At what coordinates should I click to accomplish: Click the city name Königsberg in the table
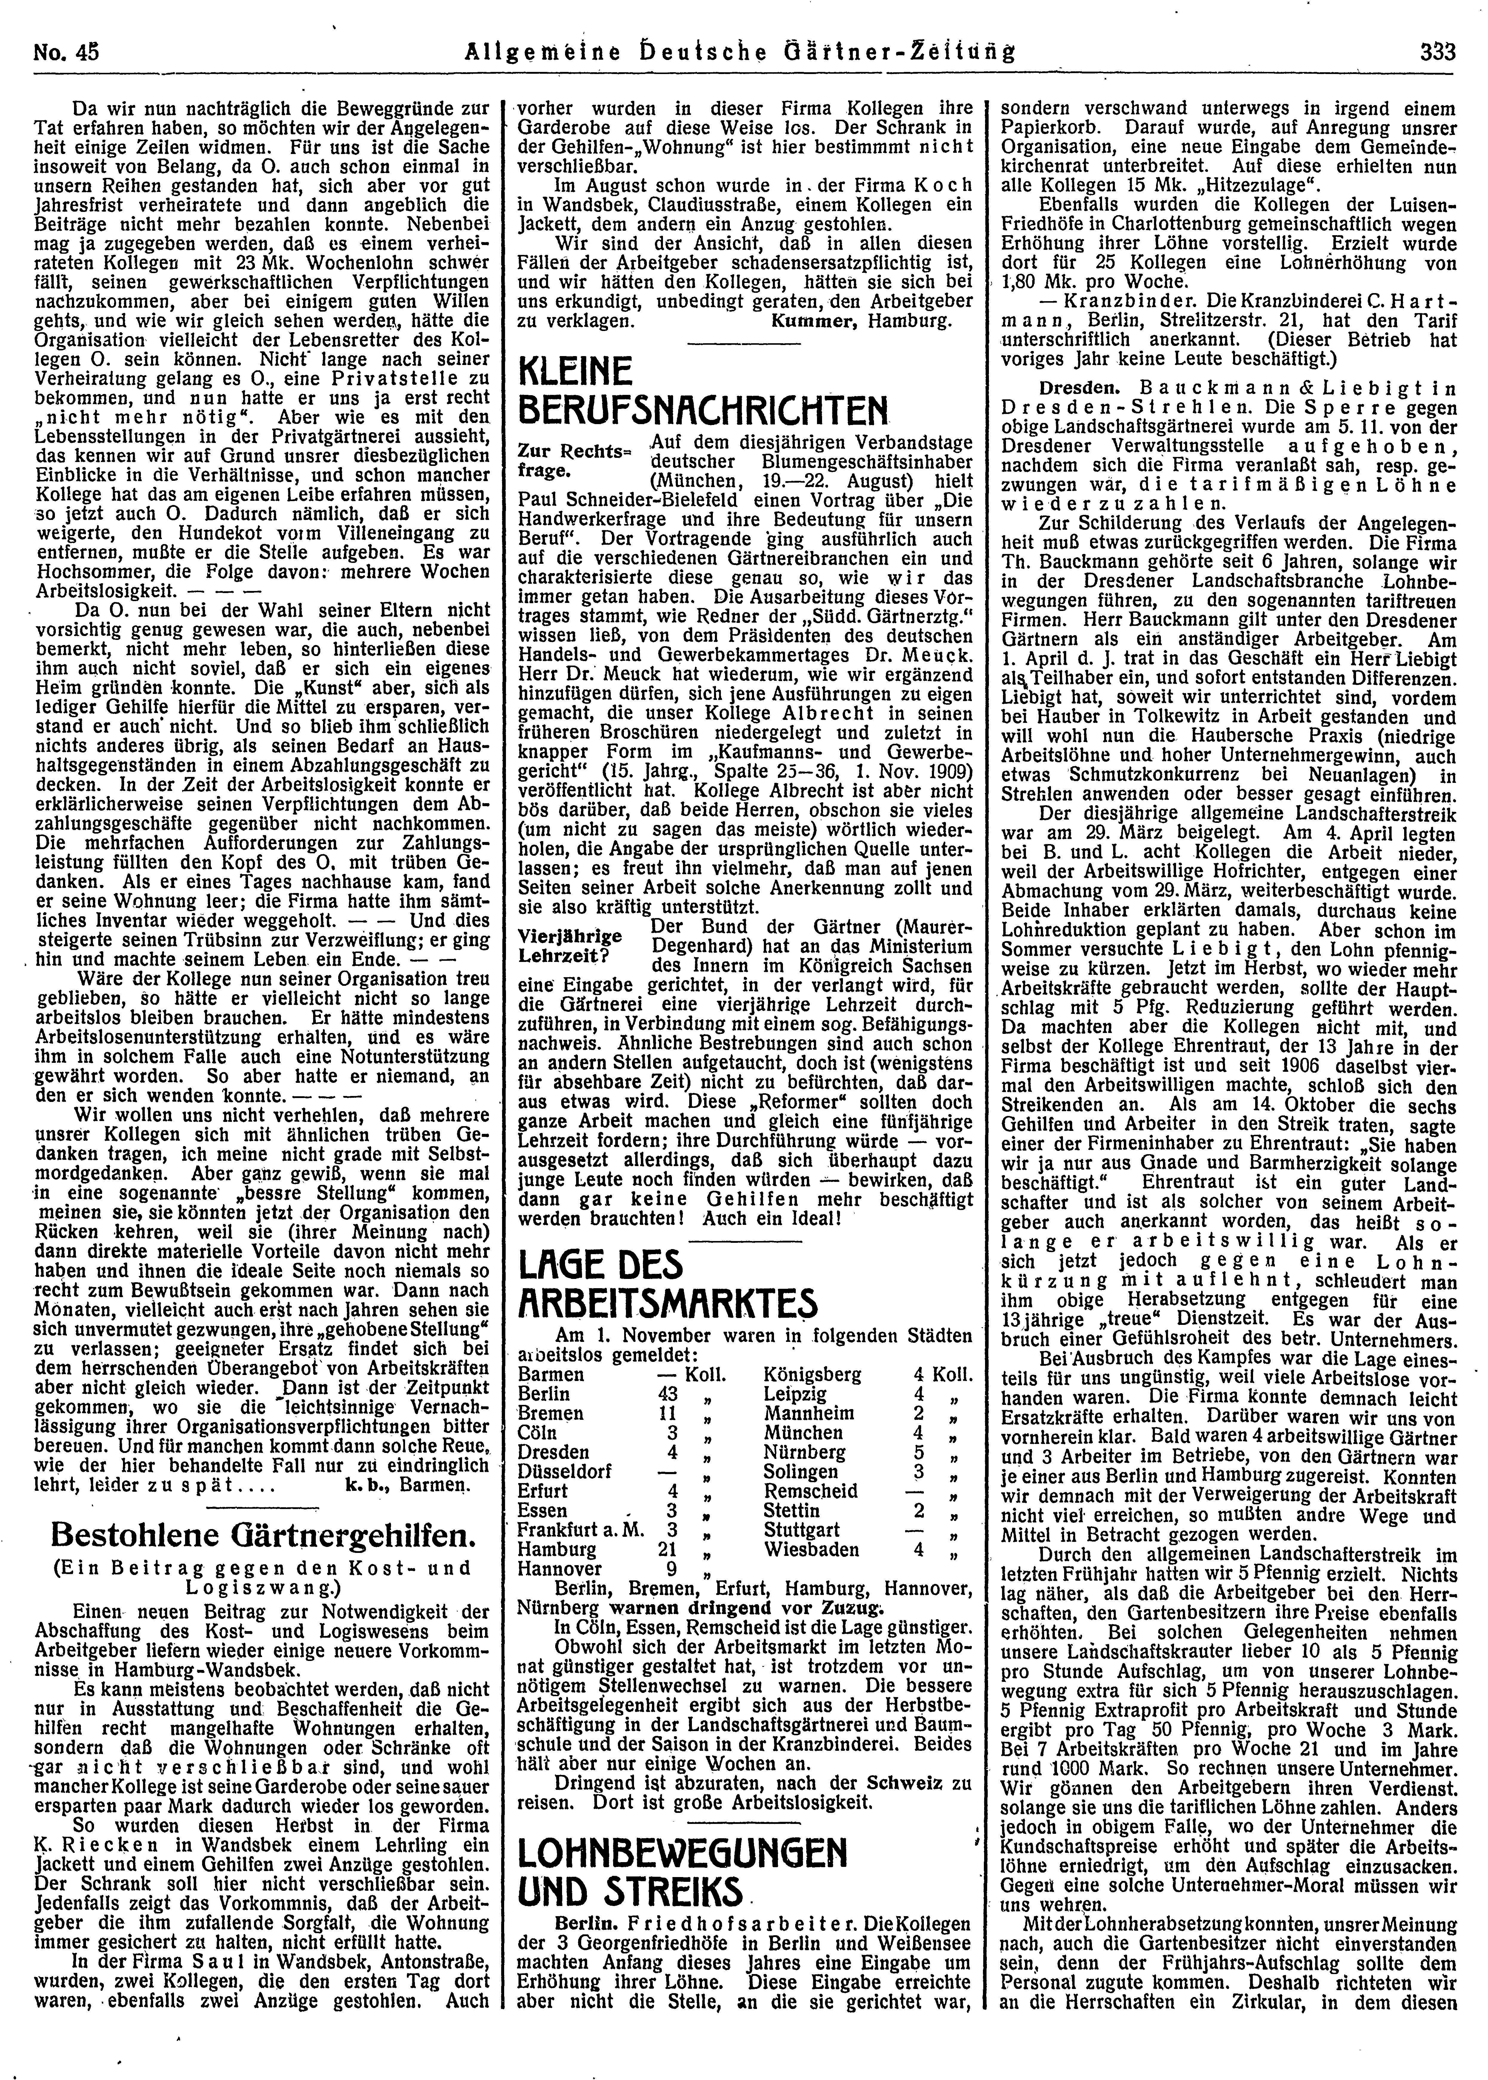811,1374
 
